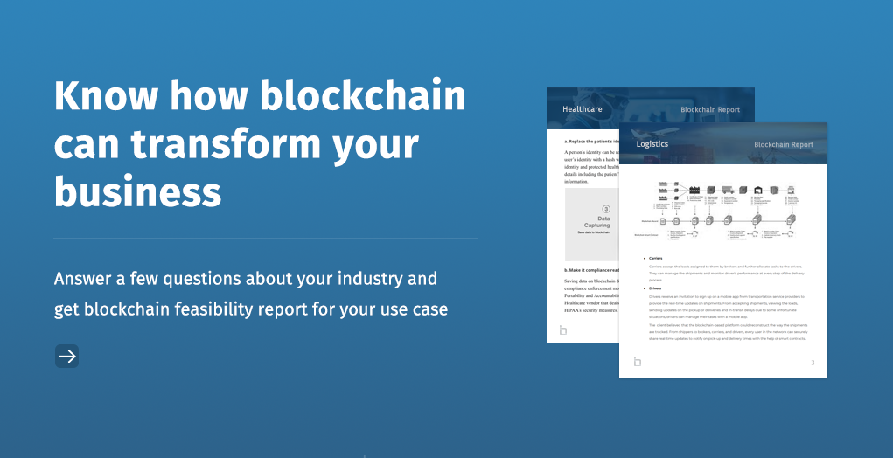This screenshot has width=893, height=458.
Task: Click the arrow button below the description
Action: click(67, 356)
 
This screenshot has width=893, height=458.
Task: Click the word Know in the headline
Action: click(98, 95)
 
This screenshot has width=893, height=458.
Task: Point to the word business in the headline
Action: click(137, 190)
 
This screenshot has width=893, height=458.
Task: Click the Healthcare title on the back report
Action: click(583, 110)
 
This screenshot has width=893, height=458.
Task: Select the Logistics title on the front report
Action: click(652, 144)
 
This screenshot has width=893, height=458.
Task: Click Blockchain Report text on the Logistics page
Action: click(783, 144)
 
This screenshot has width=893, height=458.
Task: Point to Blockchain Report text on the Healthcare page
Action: click(710, 110)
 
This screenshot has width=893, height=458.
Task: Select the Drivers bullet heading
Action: click(655, 288)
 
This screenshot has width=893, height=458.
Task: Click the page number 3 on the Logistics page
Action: click(813, 362)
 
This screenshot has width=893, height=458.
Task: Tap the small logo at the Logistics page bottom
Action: click(638, 361)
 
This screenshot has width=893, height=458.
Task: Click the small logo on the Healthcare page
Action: click(563, 330)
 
